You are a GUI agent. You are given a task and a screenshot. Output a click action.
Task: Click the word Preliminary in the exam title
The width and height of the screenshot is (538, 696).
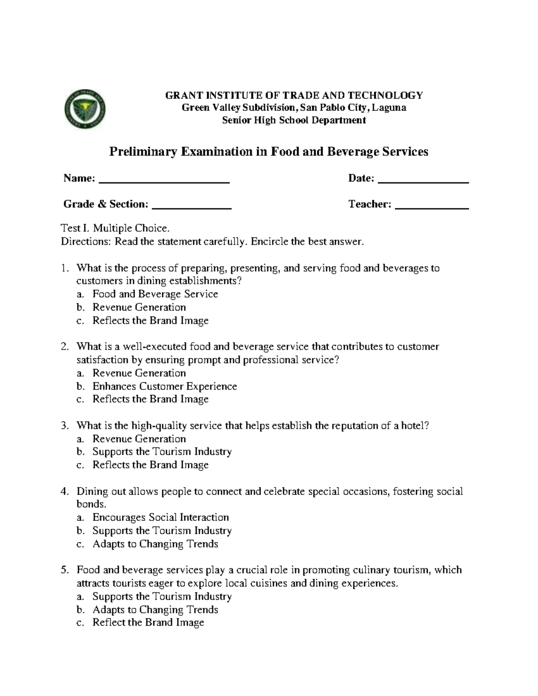[x=137, y=152]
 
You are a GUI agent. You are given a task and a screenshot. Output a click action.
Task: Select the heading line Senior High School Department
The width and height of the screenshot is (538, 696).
[x=294, y=120]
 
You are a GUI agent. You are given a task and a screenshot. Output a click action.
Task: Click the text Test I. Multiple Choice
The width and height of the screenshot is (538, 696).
[x=115, y=229]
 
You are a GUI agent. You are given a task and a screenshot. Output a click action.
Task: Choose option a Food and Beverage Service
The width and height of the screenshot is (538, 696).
[x=155, y=294]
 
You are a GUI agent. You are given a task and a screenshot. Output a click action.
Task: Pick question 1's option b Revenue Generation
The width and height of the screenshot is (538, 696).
[x=139, y=307]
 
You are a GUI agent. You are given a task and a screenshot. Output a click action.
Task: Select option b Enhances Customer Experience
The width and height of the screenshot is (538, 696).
[x=165, y=386]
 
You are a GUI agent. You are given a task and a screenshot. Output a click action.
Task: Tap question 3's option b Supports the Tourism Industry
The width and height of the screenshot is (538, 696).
[x=162, y=452]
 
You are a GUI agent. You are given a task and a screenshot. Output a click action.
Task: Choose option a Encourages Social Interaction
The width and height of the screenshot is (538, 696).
[x=161, y=518]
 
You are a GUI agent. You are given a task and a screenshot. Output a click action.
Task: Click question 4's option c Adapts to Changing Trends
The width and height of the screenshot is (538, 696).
[x=155, y=544]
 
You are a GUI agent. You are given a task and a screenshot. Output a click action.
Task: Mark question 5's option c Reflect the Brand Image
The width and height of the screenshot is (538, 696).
[x=148, y=623]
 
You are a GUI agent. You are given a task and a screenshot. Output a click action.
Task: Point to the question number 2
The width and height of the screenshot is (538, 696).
[x=65, y=347]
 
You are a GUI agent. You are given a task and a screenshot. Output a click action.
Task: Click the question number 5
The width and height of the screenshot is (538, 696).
[x=65, y=570]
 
